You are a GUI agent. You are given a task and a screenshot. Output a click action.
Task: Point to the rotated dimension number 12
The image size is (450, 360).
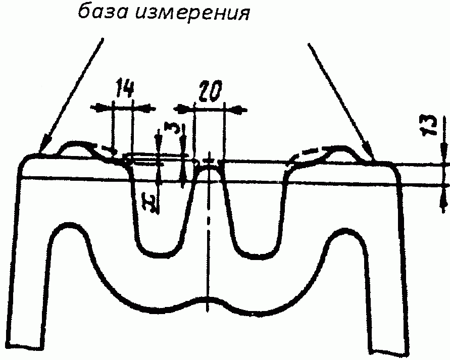click(x=150, y=203)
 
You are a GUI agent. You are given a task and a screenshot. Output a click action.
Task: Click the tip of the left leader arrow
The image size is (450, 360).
click(x=40, y=153)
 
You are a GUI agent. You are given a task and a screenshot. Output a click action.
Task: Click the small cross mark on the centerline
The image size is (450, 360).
click(x=210, y=161)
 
